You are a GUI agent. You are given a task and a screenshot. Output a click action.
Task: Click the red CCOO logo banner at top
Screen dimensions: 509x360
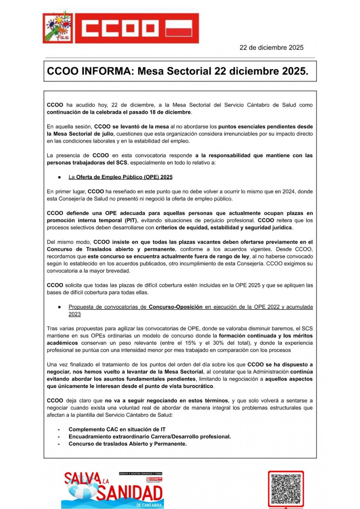click(x=136, y=28)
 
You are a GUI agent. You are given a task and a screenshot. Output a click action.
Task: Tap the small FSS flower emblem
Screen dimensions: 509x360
click(x=58, y=27)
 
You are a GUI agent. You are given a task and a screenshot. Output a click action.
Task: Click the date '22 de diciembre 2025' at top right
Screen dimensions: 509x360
click(x=271, y=48)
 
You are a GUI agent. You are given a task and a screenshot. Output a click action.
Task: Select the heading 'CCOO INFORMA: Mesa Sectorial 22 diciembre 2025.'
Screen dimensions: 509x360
click(x=178, y=71)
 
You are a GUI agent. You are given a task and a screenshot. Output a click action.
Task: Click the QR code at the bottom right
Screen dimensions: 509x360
click(x=286, y=489)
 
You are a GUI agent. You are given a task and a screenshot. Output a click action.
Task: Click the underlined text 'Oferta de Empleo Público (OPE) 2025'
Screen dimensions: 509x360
click(x=124, y=177)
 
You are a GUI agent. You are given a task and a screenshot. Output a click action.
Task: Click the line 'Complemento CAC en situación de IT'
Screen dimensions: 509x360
click(x=117, y=430)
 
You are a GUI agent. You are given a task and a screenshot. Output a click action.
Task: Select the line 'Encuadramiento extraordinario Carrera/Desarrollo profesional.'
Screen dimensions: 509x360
click(x=149, y=437)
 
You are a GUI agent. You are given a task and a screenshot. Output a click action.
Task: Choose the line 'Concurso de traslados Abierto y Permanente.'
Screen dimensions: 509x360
click(x=127, y=444)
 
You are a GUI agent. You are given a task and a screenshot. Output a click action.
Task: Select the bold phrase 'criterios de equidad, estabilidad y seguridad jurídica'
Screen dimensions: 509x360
click(x=224, y=228)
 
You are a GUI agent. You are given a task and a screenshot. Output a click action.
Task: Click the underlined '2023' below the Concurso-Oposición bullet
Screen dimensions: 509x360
click(x=74, y=314)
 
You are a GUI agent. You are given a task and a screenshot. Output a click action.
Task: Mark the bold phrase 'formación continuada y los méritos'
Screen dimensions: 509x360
click(x=265, y=336)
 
